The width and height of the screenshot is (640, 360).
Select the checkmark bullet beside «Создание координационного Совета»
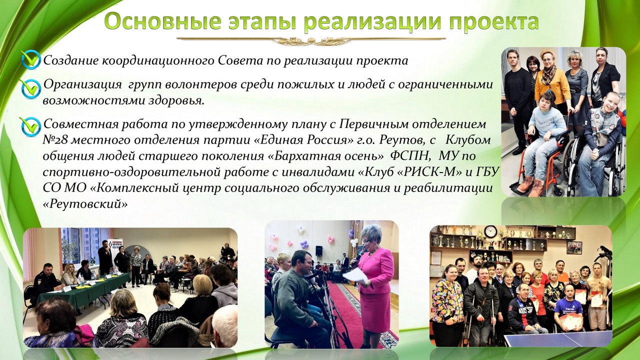pyautogui.click(x=31, y=59)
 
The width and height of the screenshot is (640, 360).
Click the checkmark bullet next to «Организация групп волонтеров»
pyautogui.click(x=30, y=88)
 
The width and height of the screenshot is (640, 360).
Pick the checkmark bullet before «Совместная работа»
pyautogui.click(x=30, y=126)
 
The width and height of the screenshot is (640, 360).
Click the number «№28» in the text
pyautogui.click(x=54, y=140)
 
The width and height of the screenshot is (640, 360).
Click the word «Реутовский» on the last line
pyautogui.click(x=85, y=204)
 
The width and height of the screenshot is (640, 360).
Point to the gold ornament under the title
pyautogui.click(x=311, y=40)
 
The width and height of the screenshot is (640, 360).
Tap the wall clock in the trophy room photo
pyautogui.click(x=491, y=231)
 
